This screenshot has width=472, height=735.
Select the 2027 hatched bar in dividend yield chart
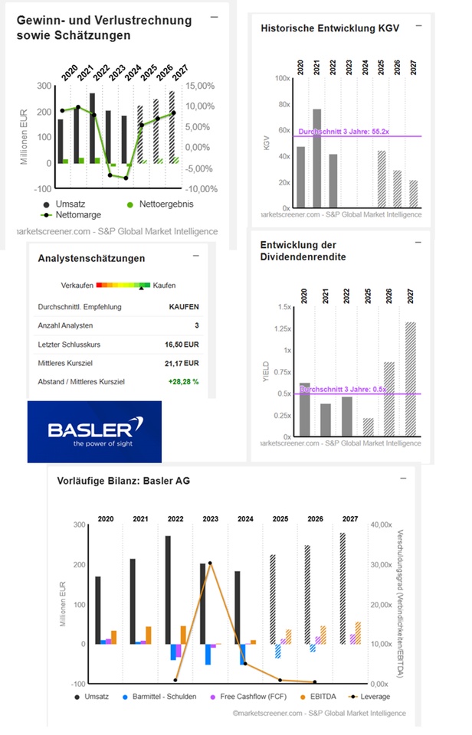411,379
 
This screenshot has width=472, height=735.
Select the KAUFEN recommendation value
184,308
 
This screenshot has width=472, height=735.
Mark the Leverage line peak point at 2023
210,563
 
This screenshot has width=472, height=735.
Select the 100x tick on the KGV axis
281,78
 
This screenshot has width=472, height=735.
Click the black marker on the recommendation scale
141,289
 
